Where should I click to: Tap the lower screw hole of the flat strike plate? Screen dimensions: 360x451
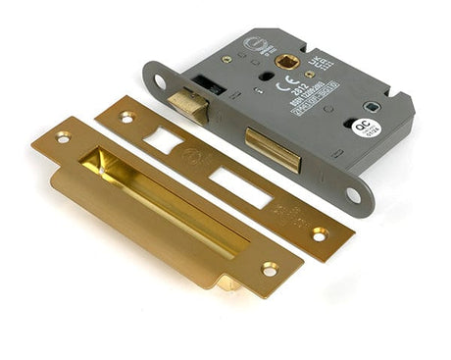point(319,233)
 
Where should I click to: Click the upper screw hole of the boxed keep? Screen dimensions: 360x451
point(64,137)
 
